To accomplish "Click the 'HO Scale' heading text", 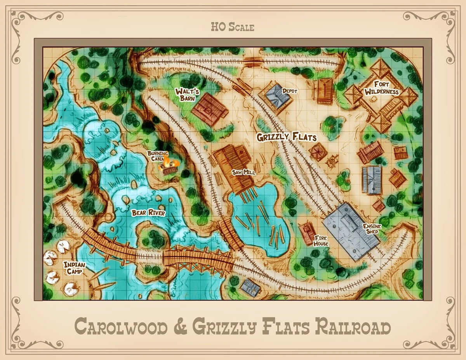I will pyautogui.click(x=233, y=27).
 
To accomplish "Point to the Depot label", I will pyautogui.click(x=290, y=91).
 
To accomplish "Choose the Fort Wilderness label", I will pyautogui.click(x=386, y=88).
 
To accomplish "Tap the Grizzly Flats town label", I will pyautogui.click(x=287, y=137).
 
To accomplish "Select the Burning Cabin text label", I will pyautogui.click(x=157, y=156).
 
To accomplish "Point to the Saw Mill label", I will pyautogui.click(x=243, y=172).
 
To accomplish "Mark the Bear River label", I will pyautogui.click(x=149, y=213).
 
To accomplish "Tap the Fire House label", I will pyautogui.click(x=321, y=241).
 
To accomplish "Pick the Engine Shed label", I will pyautogui.click(x=372, y=229).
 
